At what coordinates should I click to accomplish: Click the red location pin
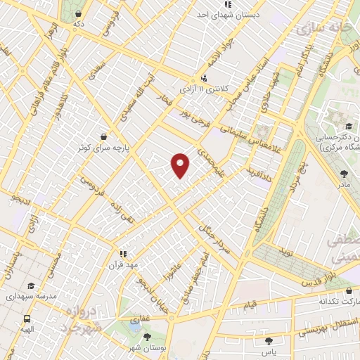click(x=181, y=165)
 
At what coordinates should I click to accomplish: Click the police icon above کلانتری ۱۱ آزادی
click(x=204, y=78)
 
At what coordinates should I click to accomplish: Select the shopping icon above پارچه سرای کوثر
click(x=104, y=136)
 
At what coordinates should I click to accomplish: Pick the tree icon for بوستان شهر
click(x=146, y=337)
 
